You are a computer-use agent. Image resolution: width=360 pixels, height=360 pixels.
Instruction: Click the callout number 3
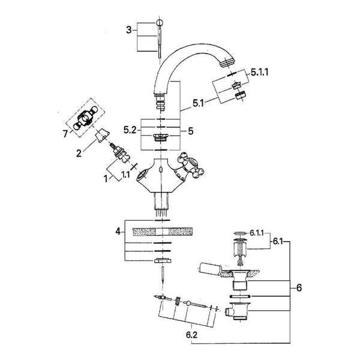129,30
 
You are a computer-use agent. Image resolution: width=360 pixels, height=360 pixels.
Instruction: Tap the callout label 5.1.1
260,73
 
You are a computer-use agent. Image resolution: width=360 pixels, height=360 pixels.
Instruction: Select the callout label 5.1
198,104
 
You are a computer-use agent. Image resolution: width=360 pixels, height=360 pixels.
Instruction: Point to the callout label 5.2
130,130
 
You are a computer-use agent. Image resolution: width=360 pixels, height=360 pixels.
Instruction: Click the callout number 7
65,134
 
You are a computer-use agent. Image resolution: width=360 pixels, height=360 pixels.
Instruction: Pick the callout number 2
79,153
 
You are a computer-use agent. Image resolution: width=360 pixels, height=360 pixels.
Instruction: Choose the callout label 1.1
125,175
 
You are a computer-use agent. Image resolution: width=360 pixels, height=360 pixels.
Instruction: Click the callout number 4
118,232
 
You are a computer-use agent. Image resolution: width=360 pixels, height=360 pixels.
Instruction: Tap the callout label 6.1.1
256,233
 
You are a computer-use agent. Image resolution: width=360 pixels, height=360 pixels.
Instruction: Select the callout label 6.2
192,335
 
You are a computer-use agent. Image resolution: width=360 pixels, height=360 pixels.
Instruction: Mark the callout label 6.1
278,242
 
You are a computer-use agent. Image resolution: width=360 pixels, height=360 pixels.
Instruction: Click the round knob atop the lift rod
160,23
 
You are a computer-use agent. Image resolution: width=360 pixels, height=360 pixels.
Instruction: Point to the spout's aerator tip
227,62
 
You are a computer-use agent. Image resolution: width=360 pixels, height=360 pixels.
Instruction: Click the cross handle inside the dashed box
85,118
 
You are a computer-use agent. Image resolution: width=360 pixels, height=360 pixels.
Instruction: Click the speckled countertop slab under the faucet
163,232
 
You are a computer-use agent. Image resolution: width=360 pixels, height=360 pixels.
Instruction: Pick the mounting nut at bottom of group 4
163,260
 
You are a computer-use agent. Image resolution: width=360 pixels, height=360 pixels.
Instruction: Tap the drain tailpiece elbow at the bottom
238,311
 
